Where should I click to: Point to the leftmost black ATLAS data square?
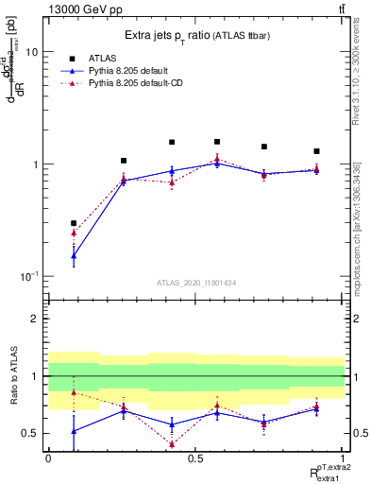74,223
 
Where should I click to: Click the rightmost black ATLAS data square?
317,151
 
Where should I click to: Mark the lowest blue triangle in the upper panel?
74,255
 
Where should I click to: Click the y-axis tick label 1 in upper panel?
34,164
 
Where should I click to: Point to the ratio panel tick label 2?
35,319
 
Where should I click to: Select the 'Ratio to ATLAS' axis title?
13,375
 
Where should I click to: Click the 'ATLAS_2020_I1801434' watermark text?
195,283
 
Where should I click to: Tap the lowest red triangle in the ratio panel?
172,443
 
